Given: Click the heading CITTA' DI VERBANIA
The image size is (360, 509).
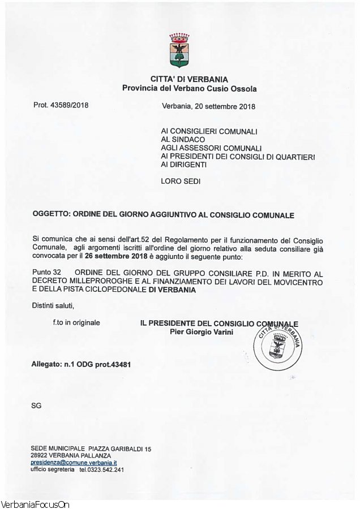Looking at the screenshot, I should pyautogui.click(x=189, y=79).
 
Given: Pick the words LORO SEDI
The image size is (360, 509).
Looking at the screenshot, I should pyautogui.click(x=181, y=182).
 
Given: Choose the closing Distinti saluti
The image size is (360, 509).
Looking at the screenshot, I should pyautogui.click(x=53, y=306).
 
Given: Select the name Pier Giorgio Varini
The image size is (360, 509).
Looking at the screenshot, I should pyautogui.click(x=201, y=331).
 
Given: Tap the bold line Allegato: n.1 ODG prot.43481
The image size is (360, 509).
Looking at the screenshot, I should pyautogui.click(x=81, y=364).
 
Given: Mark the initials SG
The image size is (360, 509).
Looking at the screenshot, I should pyautogui.click(x=36, y=406).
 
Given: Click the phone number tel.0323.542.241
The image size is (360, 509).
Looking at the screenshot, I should pyautogui.click(x=101, y=469).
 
